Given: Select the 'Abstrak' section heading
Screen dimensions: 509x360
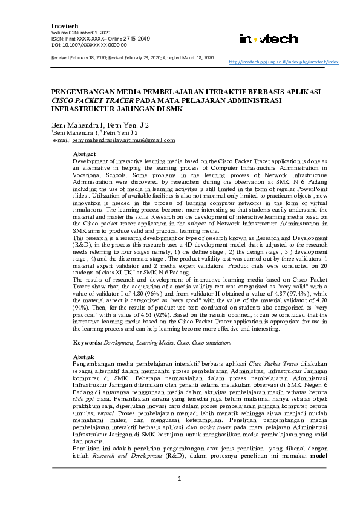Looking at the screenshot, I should pyautogui.click(x=83, y=357).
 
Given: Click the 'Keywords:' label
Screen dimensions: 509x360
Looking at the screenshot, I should pyautogui.click(x=87, y=343).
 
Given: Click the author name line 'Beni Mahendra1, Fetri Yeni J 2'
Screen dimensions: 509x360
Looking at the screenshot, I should pyautogui.click(x=100, y=125).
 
